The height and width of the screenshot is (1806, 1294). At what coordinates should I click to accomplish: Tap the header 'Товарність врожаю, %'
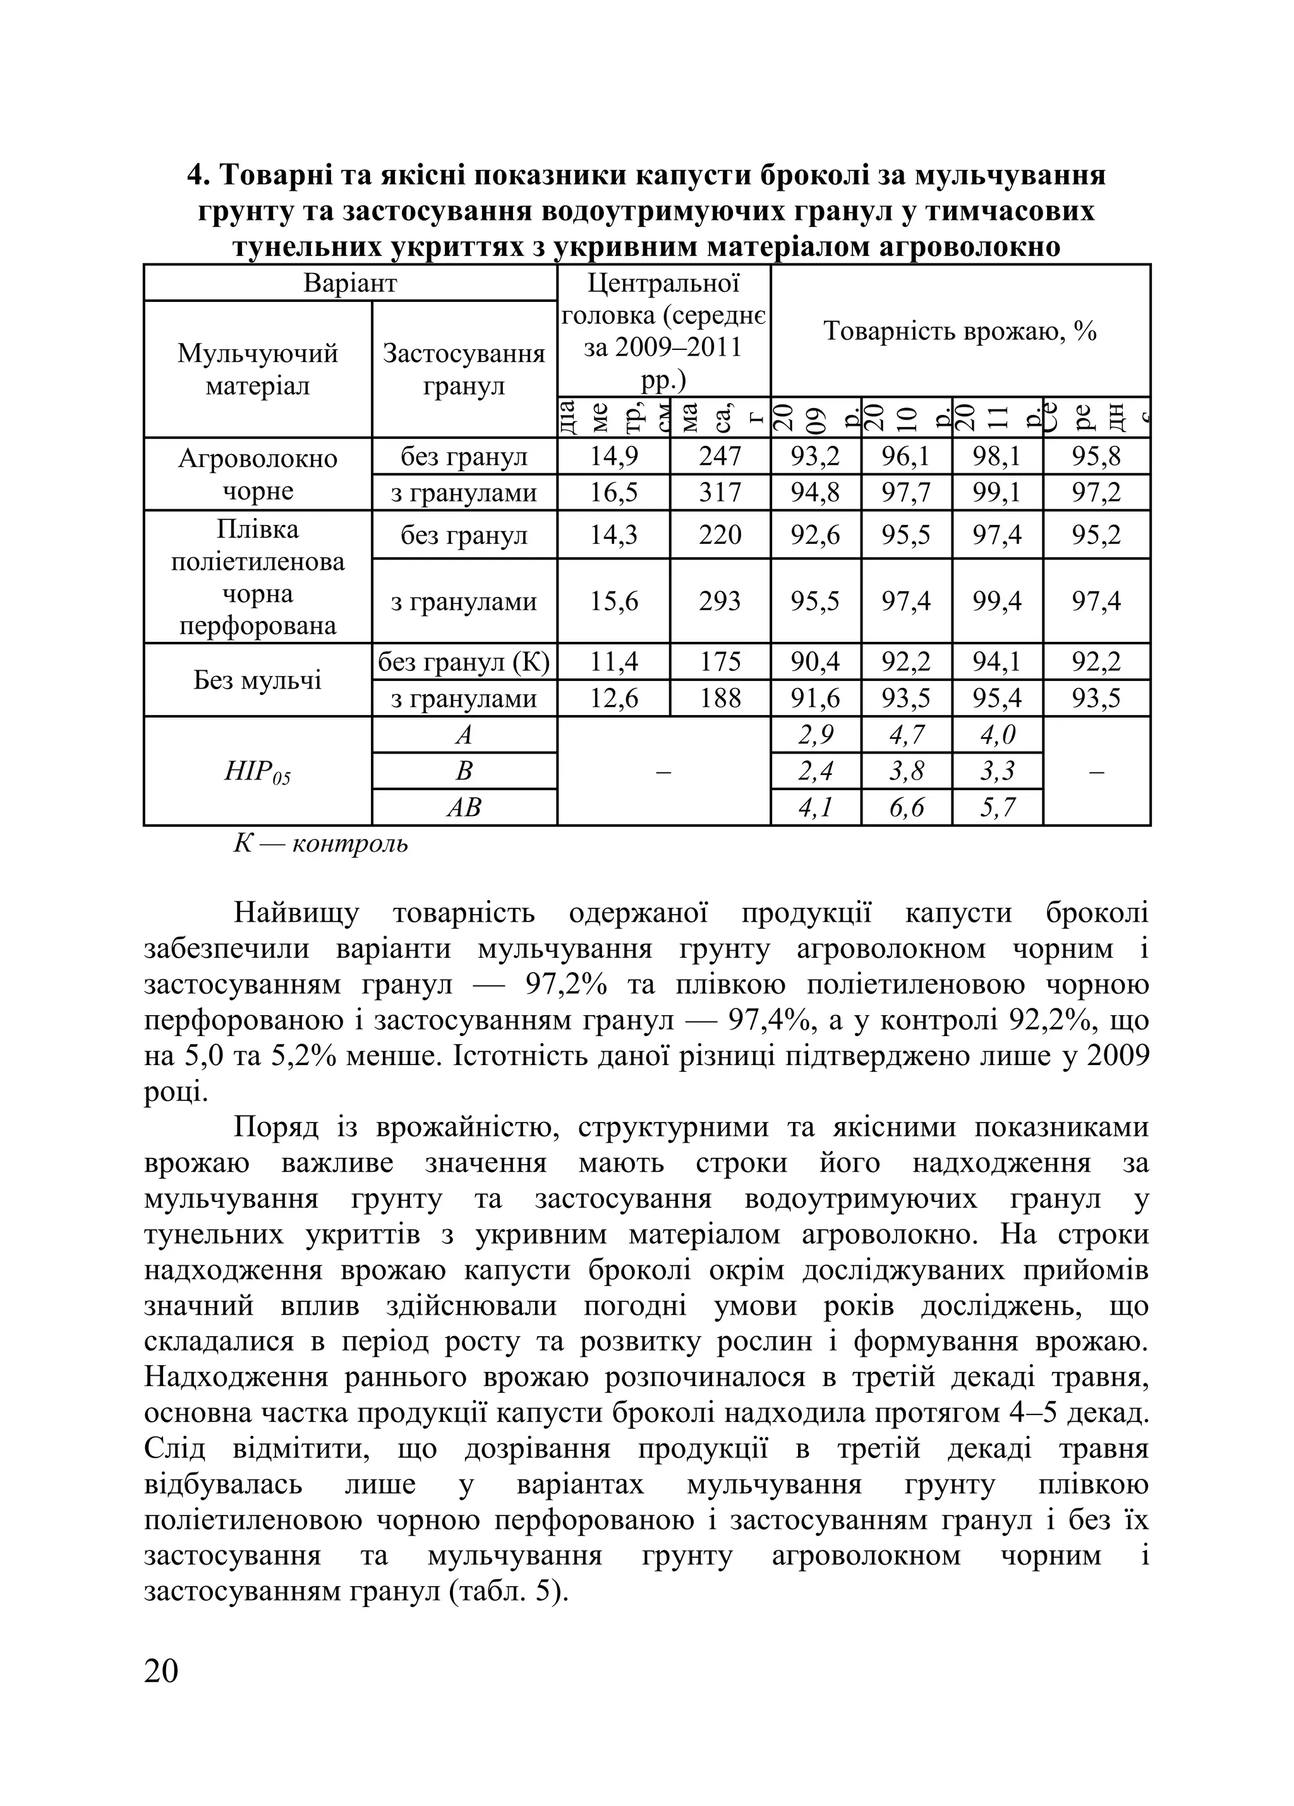point(960,330)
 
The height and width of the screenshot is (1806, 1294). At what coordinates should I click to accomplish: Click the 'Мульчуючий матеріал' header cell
point(257,370)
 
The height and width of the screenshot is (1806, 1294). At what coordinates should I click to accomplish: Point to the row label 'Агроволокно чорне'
point(257,474)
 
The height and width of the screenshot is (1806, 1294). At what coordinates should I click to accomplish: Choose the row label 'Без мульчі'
point(257,680)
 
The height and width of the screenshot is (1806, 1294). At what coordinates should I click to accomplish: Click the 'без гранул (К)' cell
point(463,662)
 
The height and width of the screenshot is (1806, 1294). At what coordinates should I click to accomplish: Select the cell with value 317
point(720,493)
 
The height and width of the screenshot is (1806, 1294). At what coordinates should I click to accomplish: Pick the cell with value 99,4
point(997,600)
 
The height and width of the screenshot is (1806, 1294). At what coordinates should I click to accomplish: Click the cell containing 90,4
point(816,662)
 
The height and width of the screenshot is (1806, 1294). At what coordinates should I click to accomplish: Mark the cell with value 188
point(720,699)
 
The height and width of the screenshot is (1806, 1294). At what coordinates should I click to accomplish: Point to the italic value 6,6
point(906,808)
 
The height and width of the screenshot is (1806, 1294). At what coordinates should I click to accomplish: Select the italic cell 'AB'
point(463,808)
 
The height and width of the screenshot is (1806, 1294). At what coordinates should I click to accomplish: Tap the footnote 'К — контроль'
point(320,844)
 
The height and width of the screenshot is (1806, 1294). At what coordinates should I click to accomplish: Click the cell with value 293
point(720,600)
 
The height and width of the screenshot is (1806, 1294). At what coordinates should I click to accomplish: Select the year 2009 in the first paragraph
point(1117,1057)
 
